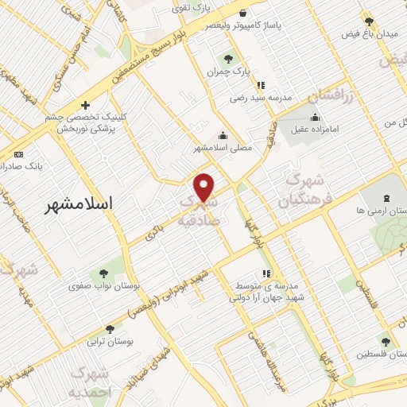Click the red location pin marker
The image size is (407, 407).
coord(205,186)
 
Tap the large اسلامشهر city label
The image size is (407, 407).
coord(78,203)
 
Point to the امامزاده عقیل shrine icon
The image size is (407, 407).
coord(316,118)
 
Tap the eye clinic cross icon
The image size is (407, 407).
coord(85,104)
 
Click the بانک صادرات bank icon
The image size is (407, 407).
coord(19,154)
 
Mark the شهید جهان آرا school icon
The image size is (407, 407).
coord(266,273)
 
